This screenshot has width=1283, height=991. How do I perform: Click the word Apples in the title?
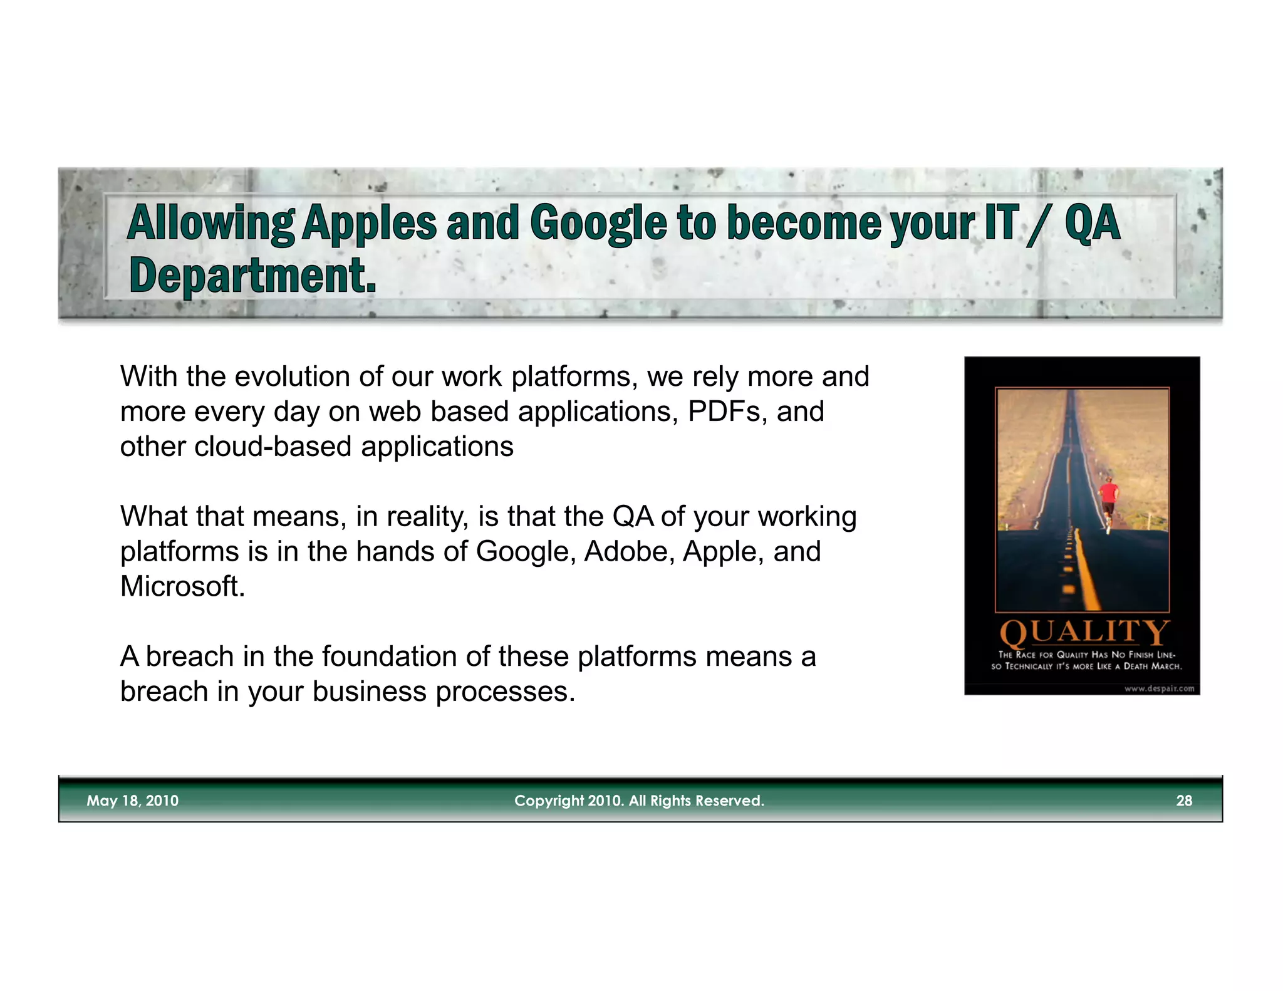tap(370, 224)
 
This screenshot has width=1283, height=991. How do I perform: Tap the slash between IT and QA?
tap(1036, 224)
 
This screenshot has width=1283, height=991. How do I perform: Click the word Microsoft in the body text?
tap(182, 586)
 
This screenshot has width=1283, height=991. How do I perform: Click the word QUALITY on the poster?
tap(1084, 632)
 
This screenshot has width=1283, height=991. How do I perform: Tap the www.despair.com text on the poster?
tap(1159, 688)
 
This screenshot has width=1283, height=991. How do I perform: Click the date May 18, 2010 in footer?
tap(132, 801)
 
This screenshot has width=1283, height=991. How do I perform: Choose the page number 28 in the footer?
tap(1183, 801)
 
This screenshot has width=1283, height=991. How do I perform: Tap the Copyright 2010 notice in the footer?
tap(639, 801)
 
